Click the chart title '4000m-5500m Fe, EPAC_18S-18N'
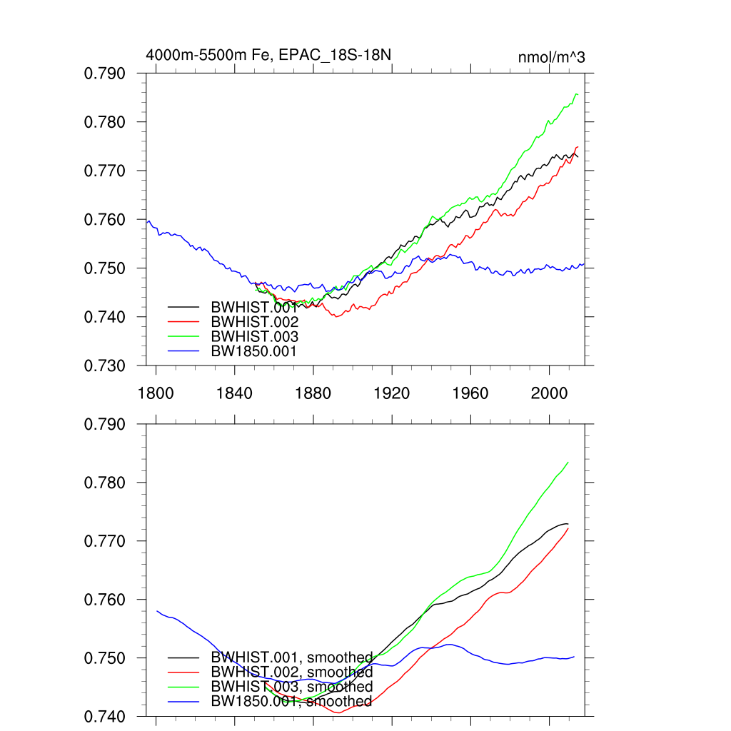pos(268,55)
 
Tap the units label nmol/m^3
pos(551,57)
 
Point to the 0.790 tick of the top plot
pos(105,74)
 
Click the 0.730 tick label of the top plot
pos(105,365)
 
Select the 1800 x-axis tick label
pos(156,393)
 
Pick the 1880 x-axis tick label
pos(313,393)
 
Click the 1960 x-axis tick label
pos(470,393)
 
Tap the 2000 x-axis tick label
pos(549,393)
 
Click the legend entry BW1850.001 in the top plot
pos(253,351)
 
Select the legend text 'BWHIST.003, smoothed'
pos(291,687)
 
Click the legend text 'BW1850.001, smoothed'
pos(291,702)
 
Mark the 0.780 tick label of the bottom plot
pos(105,483)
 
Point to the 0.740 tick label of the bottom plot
pos(105,716)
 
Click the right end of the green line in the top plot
pos(577,94)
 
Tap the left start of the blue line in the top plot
pos(147,222)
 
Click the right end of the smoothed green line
pos(568,462)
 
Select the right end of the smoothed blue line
pos(574,656)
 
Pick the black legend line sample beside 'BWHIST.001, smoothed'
pos(183,657)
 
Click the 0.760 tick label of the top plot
pos(105,220)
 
